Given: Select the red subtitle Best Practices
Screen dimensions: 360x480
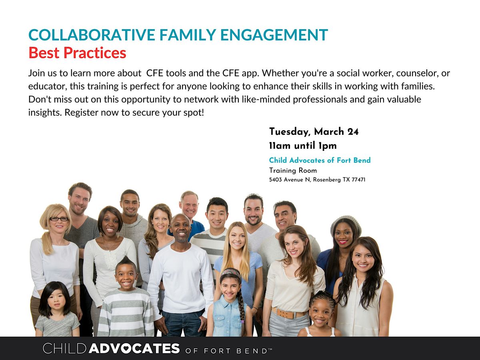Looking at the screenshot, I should [77, 53].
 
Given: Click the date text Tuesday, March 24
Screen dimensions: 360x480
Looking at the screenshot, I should [314, 132].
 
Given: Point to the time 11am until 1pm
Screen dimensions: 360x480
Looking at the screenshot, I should [303, 146].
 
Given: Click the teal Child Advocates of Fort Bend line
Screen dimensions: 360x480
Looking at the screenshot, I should [320, 160].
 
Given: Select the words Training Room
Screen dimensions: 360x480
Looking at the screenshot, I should [293, 171].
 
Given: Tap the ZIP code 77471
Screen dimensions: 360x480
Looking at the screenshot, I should [357, 180].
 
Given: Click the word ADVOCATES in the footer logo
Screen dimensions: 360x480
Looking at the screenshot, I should [134, 348].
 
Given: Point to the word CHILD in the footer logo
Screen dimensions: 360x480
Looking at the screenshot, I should [65, 348].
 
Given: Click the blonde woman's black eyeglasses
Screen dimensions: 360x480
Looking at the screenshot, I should [59, 219].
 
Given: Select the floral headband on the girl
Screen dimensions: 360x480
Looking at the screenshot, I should [231, 273].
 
